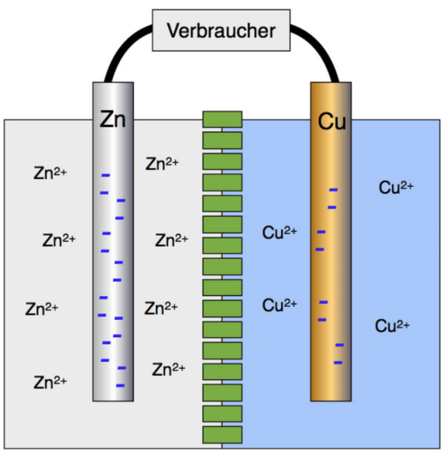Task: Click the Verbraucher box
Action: (221, 31)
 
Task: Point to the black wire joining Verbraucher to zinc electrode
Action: (120, 52)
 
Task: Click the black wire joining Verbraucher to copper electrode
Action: (322, 51)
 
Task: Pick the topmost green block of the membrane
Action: (222, 119)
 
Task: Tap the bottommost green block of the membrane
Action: (222, 435)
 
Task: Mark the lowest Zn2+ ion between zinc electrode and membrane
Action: (169, 369)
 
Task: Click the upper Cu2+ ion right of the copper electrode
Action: (397, 187)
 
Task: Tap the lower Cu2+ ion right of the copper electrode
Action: (392, 325)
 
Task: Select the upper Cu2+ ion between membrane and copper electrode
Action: (280, 232)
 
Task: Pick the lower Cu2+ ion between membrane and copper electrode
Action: (280, 304)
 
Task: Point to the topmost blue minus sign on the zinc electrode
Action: (106, 175)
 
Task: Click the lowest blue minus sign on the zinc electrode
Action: (120, 385)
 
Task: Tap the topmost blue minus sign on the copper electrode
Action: (333, 190)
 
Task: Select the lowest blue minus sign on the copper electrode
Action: (338, 363)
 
